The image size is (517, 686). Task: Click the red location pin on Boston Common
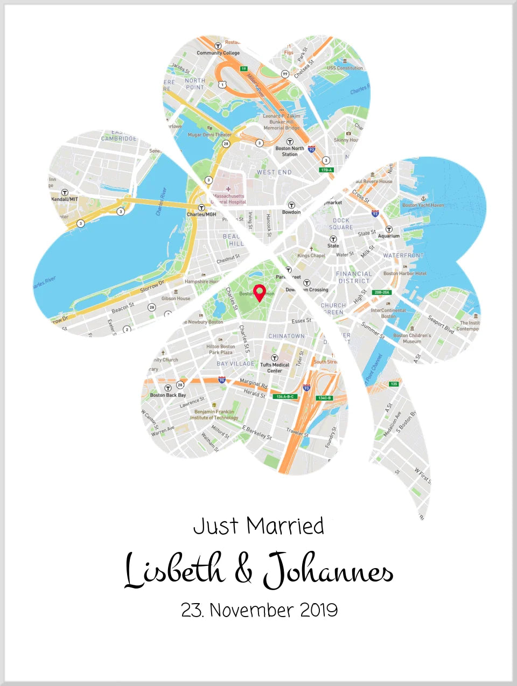(x=260, y=292)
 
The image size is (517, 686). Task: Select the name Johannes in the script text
(x=328, y=571)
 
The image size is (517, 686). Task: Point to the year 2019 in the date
(x=319, y=610)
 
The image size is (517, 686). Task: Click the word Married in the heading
(x=285, y=526)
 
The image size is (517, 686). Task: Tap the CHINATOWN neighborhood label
(x=287, y=336)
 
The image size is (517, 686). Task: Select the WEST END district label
(x=274, y=172)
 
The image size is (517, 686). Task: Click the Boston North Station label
(x=290, y=151)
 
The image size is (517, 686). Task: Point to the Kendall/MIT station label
(x=65, y=199)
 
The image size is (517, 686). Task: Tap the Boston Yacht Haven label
(x=423, y=205)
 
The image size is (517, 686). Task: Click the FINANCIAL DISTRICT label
(x=354, y=277)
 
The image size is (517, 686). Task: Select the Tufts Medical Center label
(x=275, y=367)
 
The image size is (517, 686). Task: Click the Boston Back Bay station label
(x=167, y=395)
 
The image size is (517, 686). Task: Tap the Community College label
(x=218, y=53)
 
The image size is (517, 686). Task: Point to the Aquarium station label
(x=389, y=235)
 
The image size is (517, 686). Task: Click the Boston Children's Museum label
(x=412, y=338)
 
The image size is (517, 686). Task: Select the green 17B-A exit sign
(x=327, y=170)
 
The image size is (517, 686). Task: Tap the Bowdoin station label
(x=291, y=212)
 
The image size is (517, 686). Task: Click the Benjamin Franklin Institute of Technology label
(x=214, y=414)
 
